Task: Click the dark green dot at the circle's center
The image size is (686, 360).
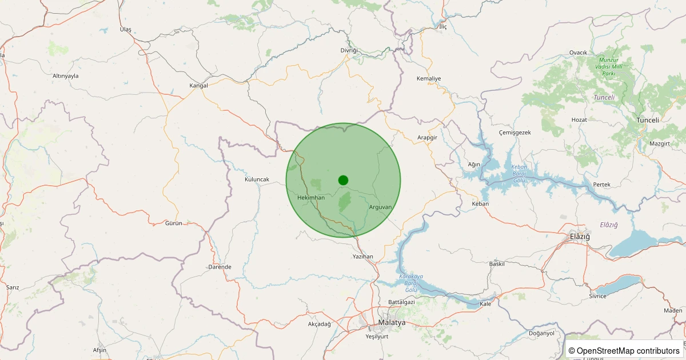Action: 343,180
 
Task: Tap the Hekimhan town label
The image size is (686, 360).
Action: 311,198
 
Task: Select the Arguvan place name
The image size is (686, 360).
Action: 380,207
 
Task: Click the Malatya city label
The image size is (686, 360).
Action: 392,323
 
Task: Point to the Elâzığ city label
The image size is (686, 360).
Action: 580,237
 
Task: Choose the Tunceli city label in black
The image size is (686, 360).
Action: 648,120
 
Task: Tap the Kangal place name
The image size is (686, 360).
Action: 198,86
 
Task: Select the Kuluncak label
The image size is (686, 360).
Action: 257,179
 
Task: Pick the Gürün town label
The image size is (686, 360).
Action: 173,223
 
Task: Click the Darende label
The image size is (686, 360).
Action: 220,267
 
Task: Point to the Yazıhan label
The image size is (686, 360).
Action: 363,257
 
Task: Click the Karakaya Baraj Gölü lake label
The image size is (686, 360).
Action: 411,283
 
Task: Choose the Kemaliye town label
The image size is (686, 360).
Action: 429,78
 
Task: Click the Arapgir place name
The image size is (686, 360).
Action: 427,138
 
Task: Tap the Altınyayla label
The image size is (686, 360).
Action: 66,76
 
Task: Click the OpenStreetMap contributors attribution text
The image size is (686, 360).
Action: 624,351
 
